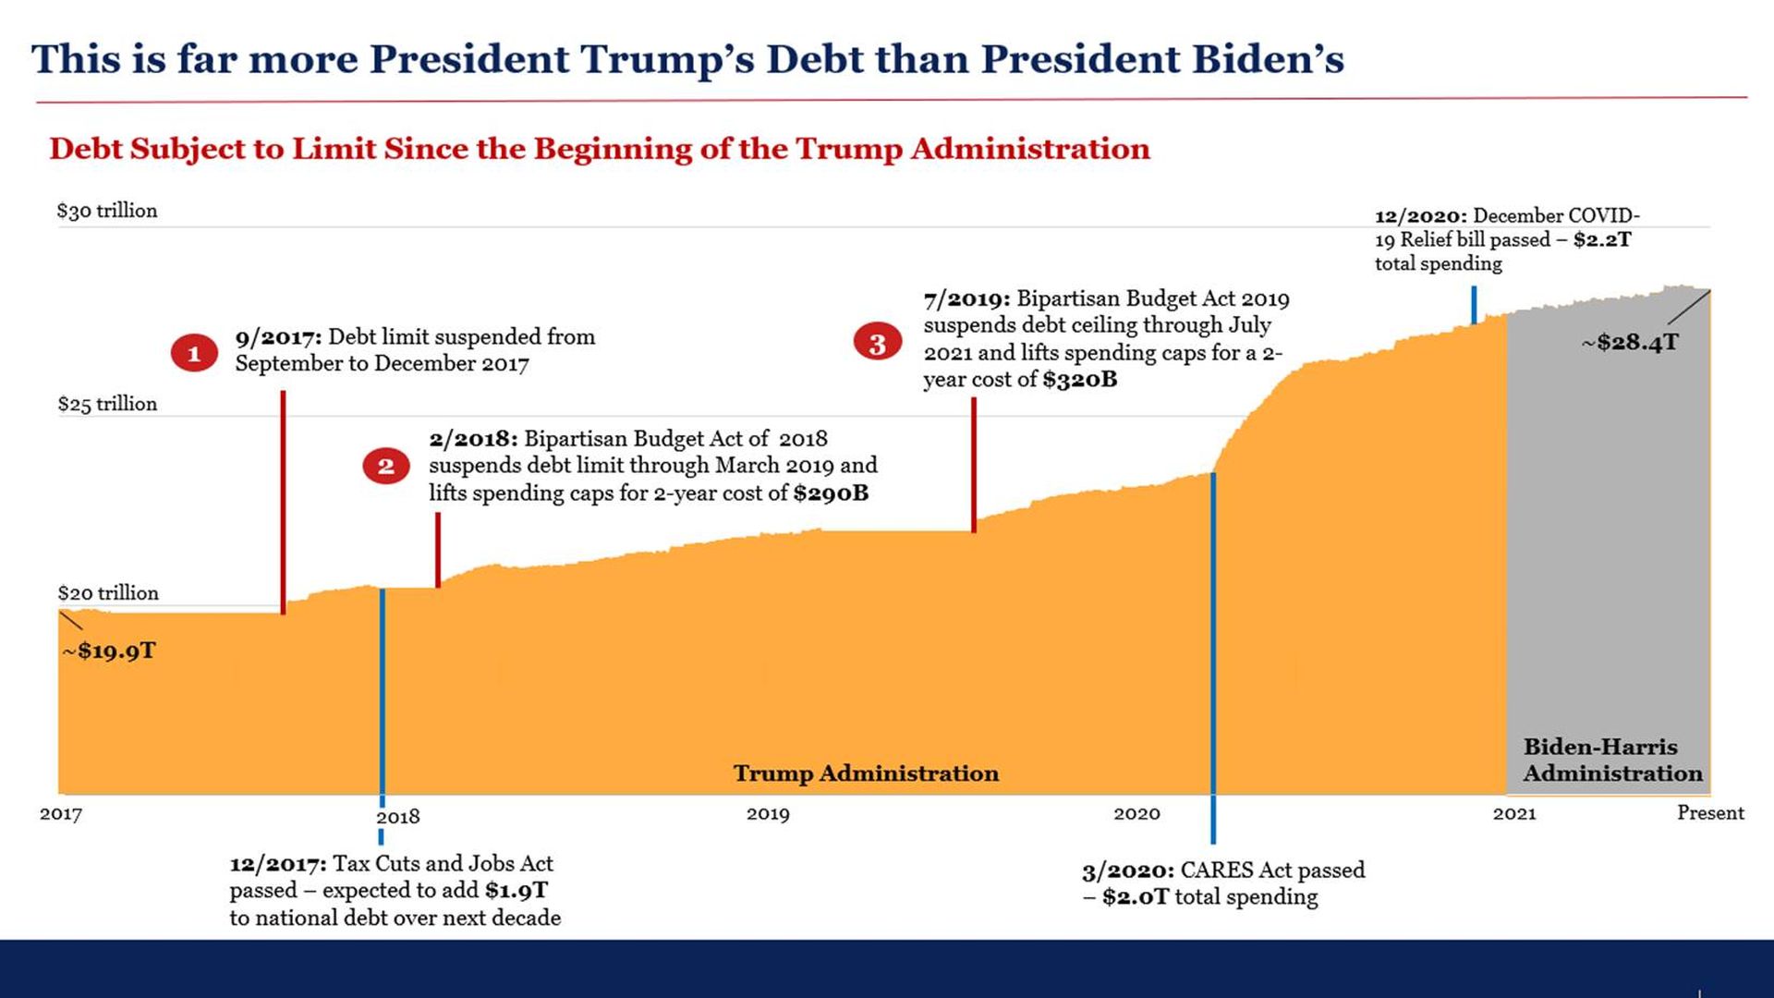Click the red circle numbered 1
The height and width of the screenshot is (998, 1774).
coord(194,353)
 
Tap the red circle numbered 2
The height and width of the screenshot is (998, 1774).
coord(386,466)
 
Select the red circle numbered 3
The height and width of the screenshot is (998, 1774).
coord(877,344)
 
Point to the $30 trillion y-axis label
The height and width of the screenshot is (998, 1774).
coord(107,211)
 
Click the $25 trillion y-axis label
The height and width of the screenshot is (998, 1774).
coord(107,404)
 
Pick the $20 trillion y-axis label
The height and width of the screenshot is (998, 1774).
coord(108,593)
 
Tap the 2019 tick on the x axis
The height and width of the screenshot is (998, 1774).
coord(768,814)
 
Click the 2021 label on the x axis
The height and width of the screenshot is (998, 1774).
coord(1514,814)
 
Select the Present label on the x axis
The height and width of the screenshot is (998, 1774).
coord(1710,813)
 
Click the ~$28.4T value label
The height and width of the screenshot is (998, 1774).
coord(1630,343)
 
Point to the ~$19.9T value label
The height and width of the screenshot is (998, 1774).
coord(109,651)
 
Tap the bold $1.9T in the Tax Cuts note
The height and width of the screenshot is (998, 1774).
coord(516,891)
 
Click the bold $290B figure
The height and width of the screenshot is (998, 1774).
coord(831,493)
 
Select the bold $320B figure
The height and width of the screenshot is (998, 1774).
coord(1079,380)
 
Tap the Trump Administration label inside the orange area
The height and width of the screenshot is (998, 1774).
coord(866,773)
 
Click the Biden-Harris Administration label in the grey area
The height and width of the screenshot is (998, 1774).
coord(1612,761)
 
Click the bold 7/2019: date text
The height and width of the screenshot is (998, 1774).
coord(966,299)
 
